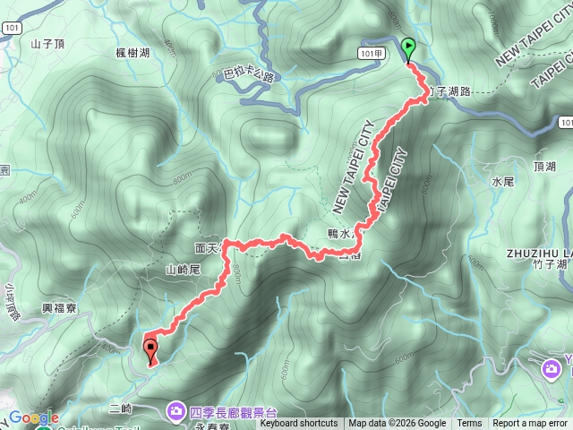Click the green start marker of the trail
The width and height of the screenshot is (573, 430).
409,48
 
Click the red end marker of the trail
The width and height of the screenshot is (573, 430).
150,348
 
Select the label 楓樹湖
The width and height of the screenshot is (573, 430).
133,54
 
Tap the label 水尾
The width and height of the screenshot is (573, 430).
502,181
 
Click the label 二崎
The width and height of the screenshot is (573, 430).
120,408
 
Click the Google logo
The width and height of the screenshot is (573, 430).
33,417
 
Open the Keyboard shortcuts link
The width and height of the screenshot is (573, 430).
299,424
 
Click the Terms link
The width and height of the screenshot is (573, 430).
469,424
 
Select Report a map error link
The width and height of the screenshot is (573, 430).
530,424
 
